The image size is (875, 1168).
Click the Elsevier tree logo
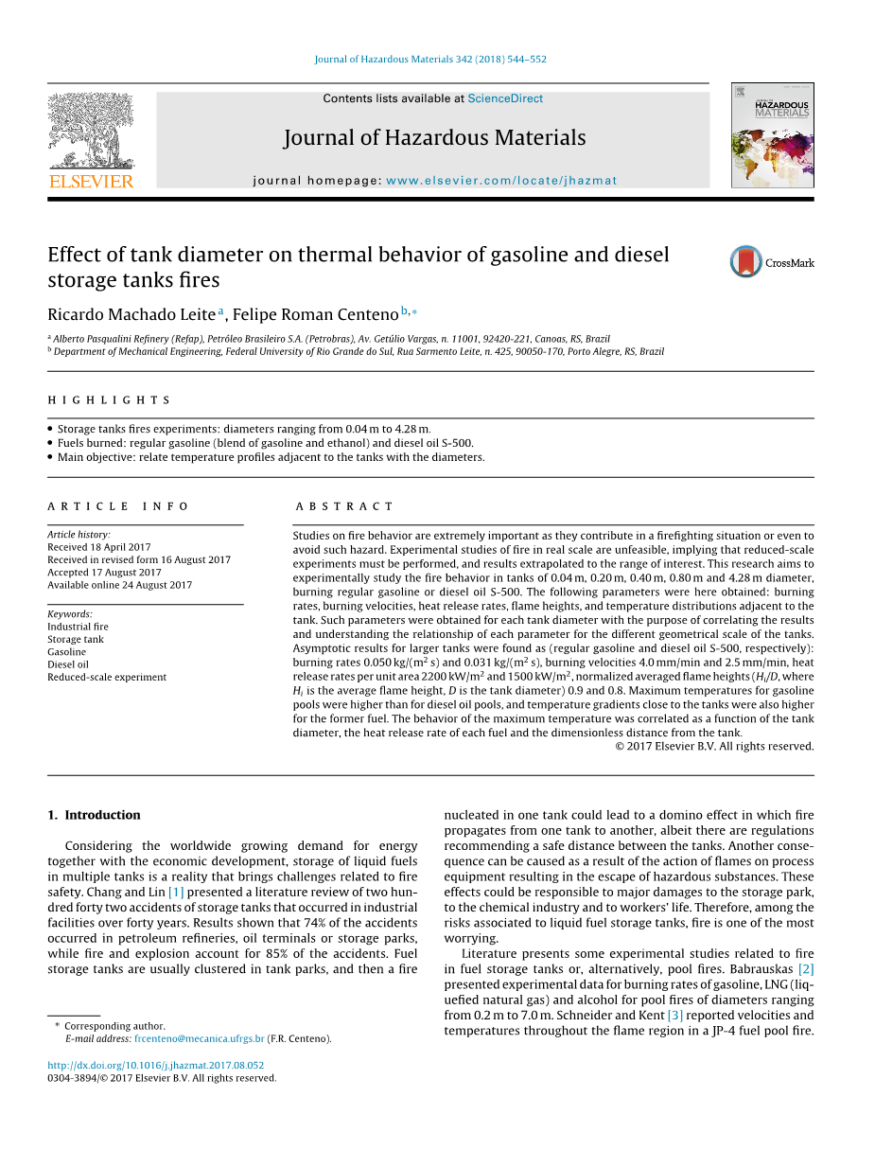(x=91, y=132)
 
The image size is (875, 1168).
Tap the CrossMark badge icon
(x=745, y=262)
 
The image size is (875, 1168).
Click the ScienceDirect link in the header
(x=505, y=98)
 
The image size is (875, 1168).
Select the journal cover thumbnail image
(x=772, y=135)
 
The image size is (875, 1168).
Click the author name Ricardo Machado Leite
(x=131, y=314)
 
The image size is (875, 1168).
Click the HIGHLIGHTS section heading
(x=110, y=400)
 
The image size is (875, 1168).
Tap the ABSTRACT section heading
(x=344, y=506)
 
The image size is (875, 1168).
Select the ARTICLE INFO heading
(x=118, y=506)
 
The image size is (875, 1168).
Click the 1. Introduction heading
(x=94, y=815)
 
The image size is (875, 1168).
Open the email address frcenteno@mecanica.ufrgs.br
(x=200, y=1038)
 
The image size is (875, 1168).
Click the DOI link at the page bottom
(x=156, y=1065)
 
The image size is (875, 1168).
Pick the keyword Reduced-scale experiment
(x=107, y=677)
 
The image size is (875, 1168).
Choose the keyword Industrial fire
(x=78, y=627)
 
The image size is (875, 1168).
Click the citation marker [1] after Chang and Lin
(x=176, y=892)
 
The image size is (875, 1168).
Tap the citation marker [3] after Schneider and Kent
(x=674, y=1016)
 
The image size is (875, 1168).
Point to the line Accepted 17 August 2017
(x=104, y=572)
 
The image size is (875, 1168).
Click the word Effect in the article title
(x=74, y=255)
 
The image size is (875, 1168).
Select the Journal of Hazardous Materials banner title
(x=434, y=138)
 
